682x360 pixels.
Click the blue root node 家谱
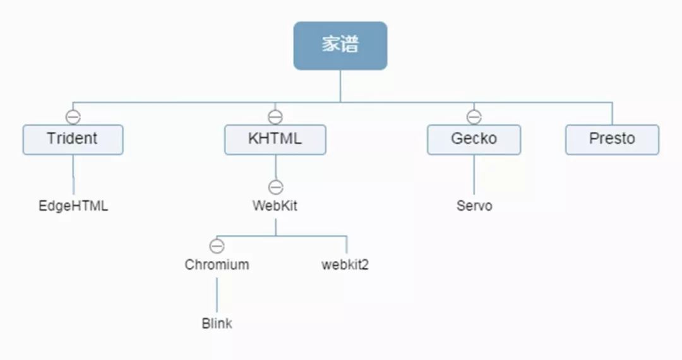(340, 45)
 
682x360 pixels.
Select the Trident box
(73, 140)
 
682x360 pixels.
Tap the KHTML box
(275, 140)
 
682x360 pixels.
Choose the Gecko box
(474, 140)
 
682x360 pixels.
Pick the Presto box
(612, 140)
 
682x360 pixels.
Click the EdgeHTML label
(73, 206)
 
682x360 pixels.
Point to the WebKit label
(275, 206)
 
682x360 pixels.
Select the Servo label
(474, 206)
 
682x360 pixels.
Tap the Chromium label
(217, 265)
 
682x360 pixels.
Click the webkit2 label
(345, 265)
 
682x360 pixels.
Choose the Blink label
(217, 323)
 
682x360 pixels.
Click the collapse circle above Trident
(73, 117)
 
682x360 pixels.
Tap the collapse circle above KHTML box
(275, 117)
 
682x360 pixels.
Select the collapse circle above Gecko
(474, 117)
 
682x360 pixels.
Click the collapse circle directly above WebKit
(275, 187)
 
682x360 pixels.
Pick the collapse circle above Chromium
(217, 246)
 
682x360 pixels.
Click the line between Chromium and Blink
(217, 294)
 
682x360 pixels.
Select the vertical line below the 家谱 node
(340, 86)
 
